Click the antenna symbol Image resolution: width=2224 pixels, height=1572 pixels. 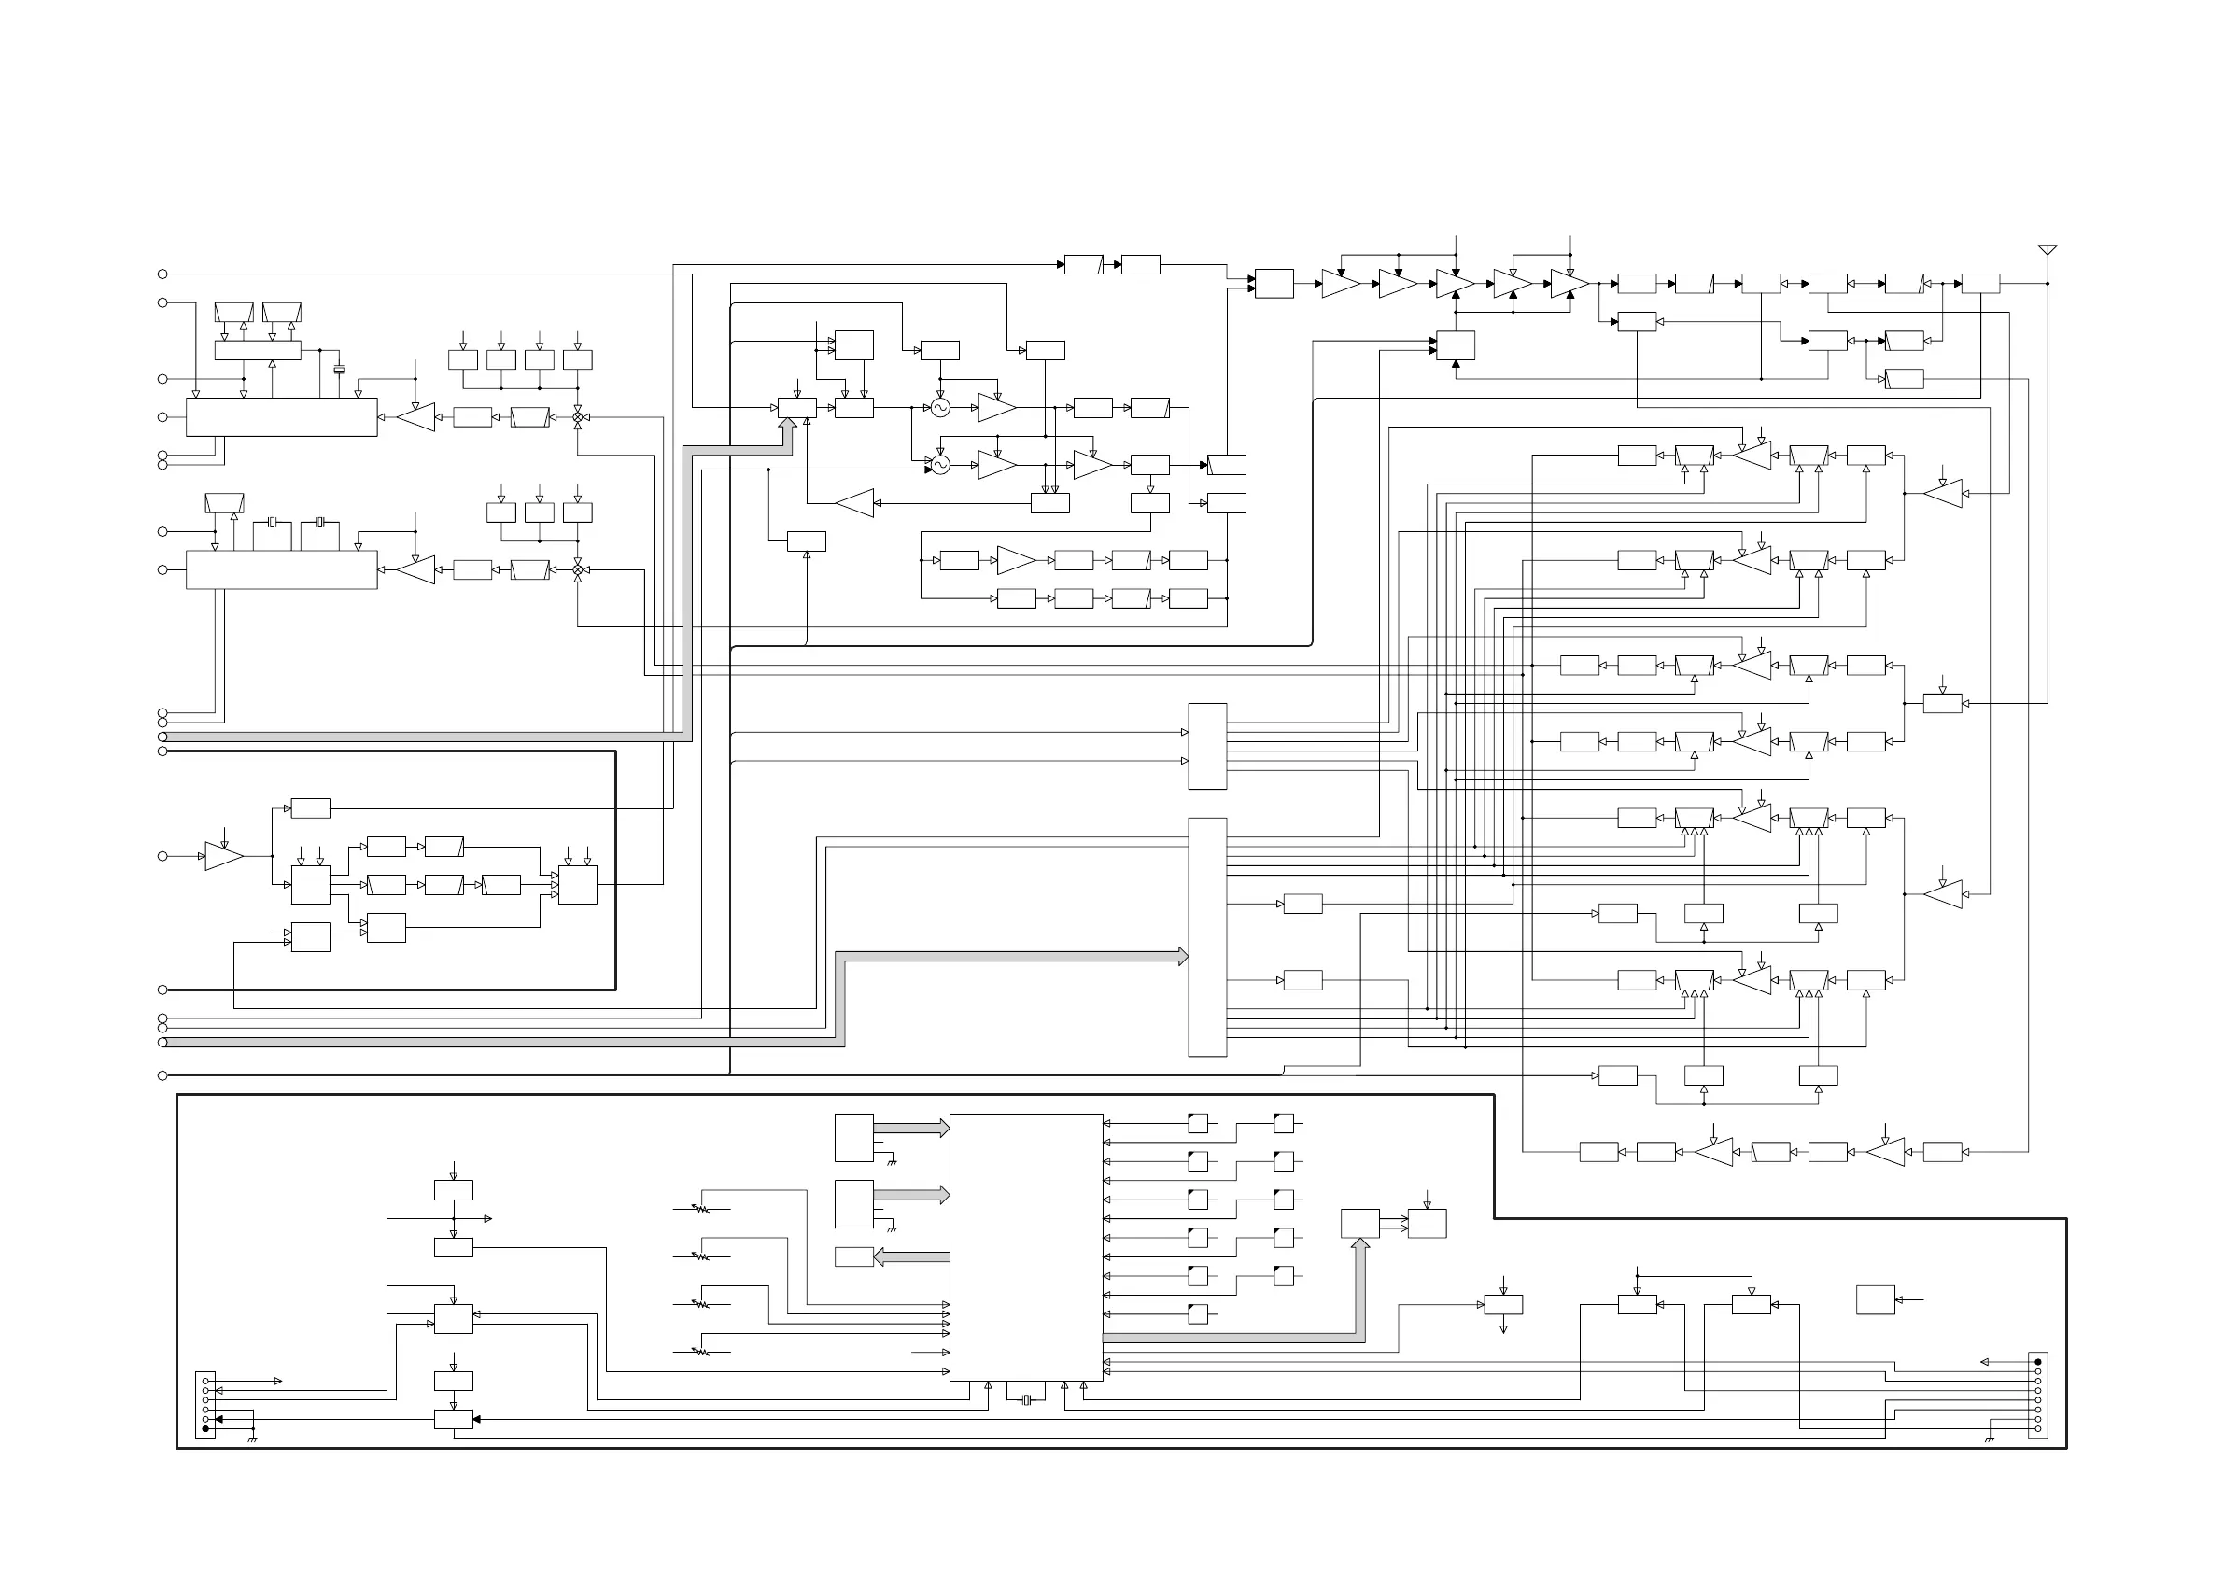[2047, 251]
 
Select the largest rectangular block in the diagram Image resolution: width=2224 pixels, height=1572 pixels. [1026, 1246]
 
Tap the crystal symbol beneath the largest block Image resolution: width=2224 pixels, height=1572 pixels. [1026, 1399]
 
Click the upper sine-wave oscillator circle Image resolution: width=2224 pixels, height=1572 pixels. [939, 408]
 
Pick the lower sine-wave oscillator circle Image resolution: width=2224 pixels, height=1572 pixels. [939, 465]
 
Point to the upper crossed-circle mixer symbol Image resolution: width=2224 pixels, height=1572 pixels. [578, 417]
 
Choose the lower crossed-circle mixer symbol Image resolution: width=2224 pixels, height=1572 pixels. [578, 570]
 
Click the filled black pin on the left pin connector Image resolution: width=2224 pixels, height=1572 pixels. [205, 1428]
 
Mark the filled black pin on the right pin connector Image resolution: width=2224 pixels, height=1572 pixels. [2038, 1362]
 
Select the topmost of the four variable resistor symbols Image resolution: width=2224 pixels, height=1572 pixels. [699, 1209]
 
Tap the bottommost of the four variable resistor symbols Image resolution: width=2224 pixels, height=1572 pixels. [699, 1351]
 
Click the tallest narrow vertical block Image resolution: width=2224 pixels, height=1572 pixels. [1207, 936]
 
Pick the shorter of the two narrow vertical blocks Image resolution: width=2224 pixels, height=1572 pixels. [1207, 746]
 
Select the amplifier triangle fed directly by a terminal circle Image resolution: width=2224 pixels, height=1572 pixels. [224, 856]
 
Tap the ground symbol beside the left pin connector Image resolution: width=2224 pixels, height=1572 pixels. [253, 1439]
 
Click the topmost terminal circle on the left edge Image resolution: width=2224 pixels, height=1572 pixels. [162, 274]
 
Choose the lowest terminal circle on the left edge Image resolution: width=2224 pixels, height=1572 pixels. [162, 1075]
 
